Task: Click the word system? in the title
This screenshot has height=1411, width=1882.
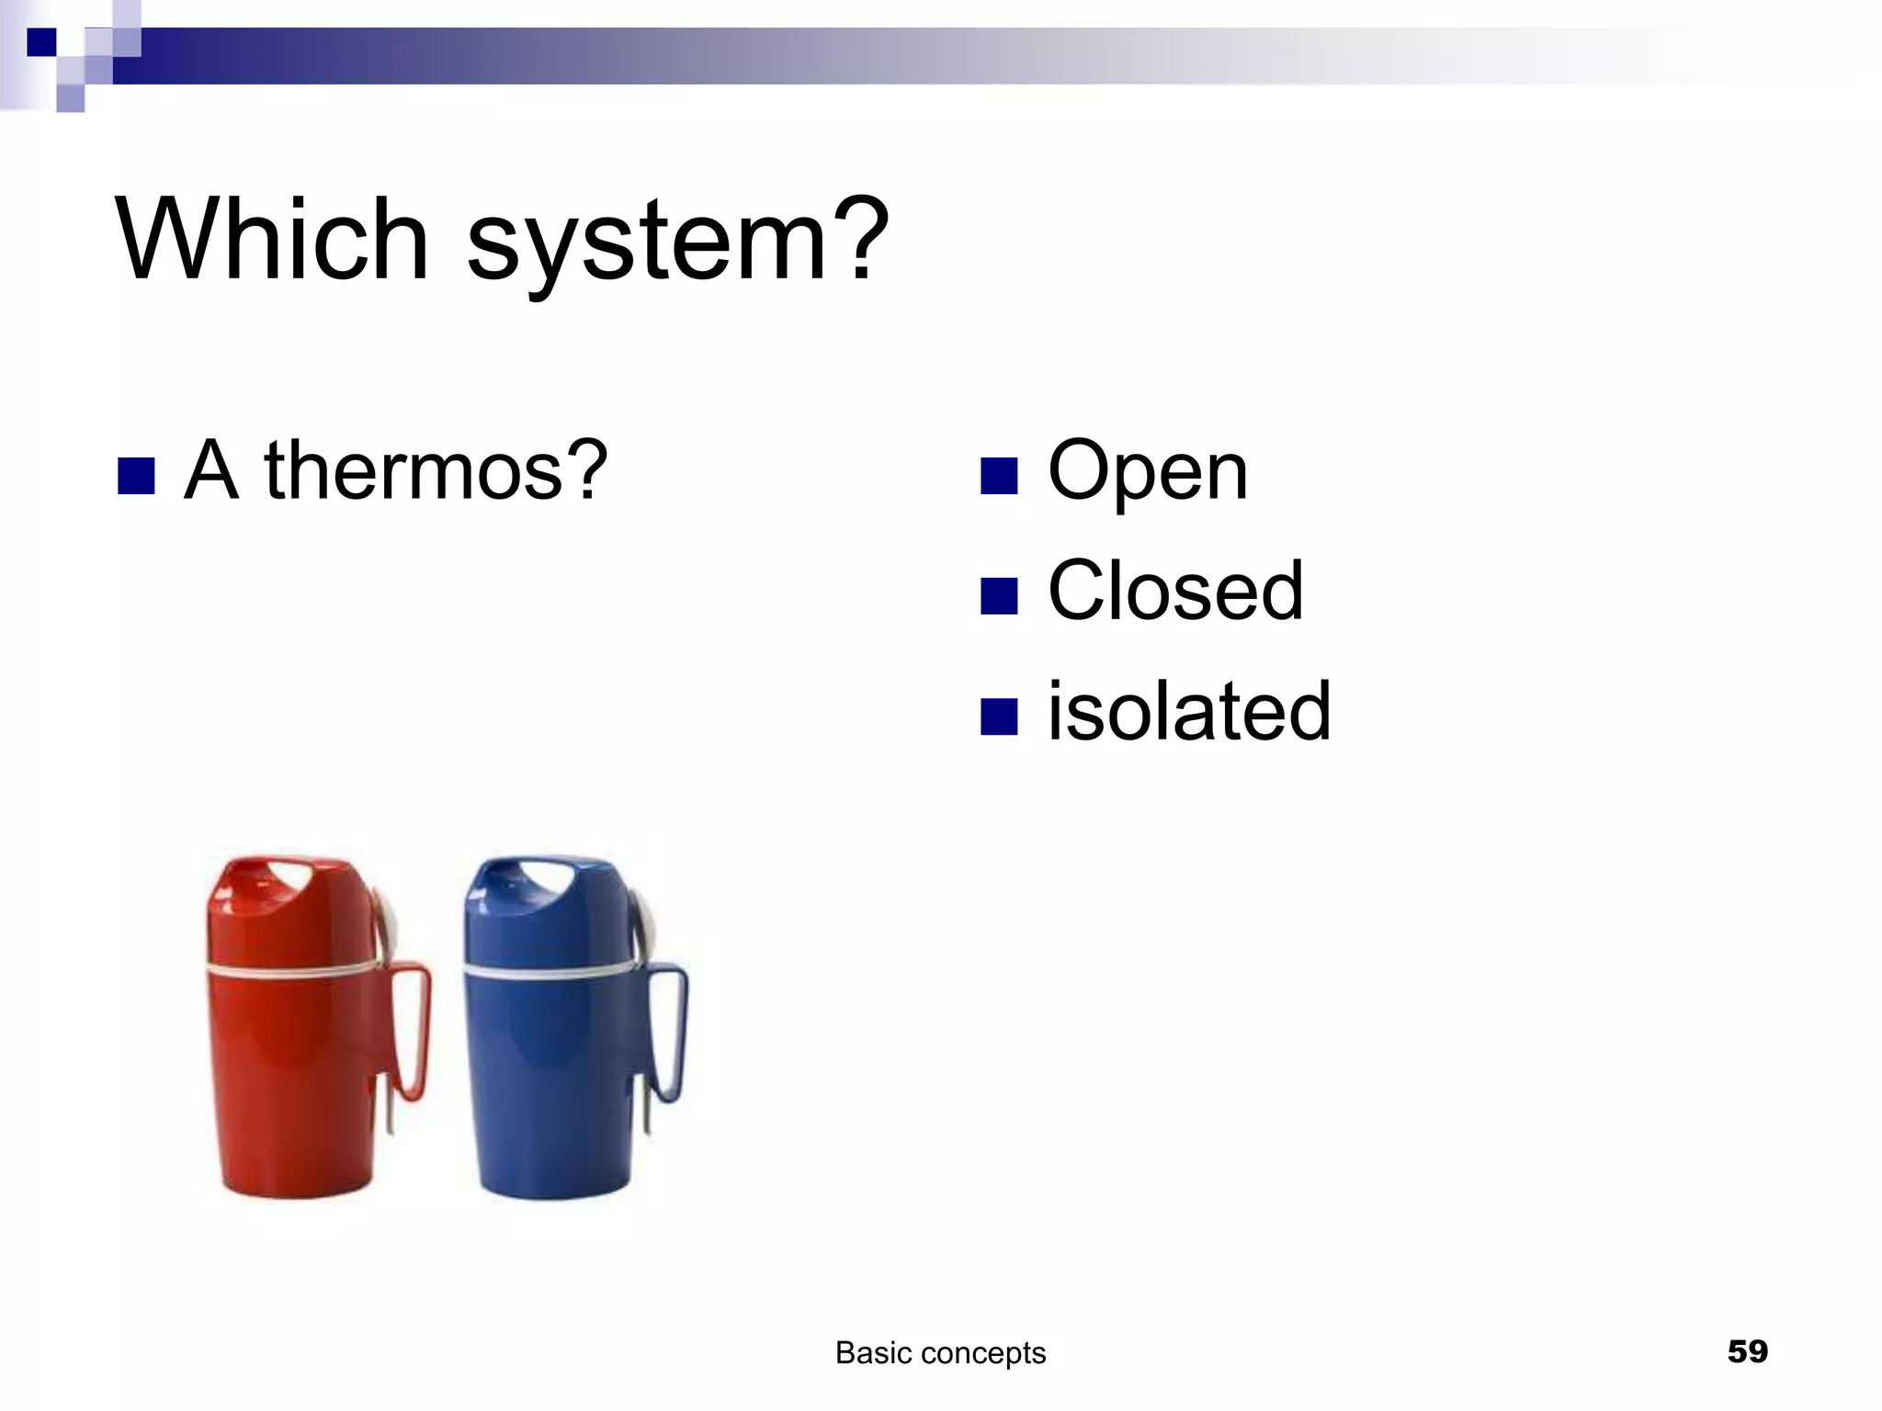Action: (x=678, y=241)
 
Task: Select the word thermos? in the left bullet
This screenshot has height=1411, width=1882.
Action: (x=436, y=470)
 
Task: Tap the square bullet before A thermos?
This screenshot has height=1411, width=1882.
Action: (x=136, y=476)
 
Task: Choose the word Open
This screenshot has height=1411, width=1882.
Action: (x=1148, y=470)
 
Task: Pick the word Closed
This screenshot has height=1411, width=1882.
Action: (x=1175, y=591)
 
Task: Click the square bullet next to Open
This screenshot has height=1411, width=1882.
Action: (x=999, y=476)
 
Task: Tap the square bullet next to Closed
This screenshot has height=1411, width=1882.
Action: (x=999, y=596)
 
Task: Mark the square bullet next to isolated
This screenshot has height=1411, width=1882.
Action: (x=999, y=717)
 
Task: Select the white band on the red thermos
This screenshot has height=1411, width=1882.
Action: (x=289, y=968)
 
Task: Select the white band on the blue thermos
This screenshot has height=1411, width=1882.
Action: (x=547, y=970)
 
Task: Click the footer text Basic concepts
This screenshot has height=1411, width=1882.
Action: (x=940, y=1353)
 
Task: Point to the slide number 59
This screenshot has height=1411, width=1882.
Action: (x=1747, y=1351)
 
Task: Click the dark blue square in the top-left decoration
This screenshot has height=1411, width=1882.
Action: (x=41, y=42)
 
